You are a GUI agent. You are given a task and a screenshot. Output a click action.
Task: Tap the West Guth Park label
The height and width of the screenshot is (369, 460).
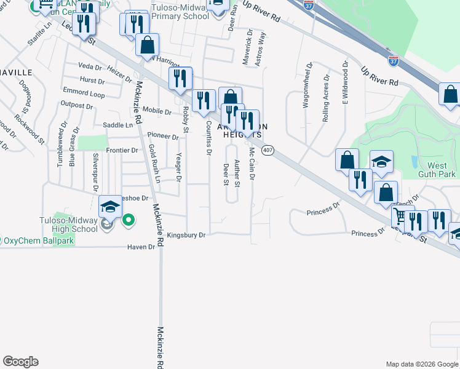click(437, 170)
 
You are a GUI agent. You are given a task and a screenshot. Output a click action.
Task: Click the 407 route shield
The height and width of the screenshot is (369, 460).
click(268, 150)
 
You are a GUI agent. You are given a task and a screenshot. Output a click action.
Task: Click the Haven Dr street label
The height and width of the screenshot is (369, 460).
click(141, 247)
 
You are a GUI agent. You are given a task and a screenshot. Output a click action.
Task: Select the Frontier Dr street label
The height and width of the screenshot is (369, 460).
click(122, 150)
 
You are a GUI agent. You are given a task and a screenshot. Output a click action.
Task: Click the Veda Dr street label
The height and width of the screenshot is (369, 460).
click(89, 66)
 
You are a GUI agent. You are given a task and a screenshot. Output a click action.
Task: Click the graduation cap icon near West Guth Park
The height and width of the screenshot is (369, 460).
click(381, 162)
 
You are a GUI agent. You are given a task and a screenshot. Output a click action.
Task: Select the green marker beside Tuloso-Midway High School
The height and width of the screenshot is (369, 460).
click(129, 220)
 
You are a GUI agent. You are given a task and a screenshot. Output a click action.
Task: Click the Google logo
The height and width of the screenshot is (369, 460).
click(20, 362)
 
